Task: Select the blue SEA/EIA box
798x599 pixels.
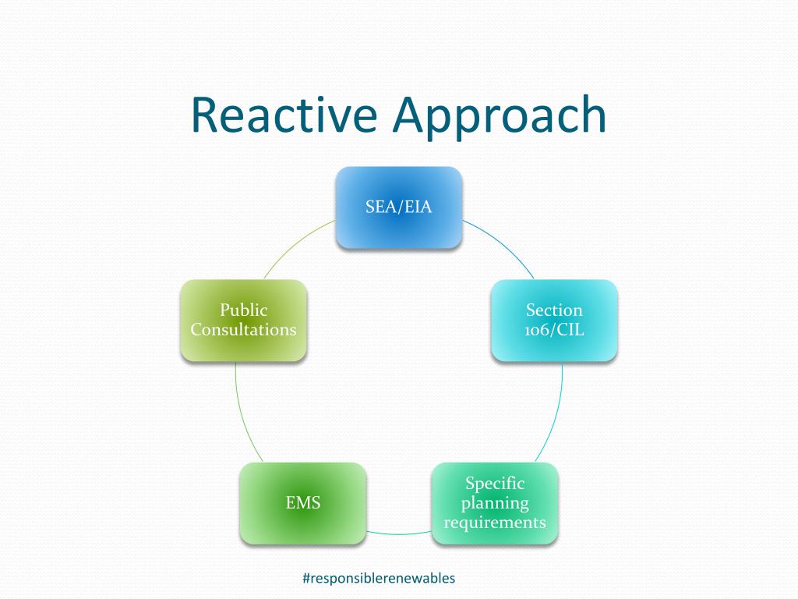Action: coord(399,207)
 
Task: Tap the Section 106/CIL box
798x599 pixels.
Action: coord(554,320)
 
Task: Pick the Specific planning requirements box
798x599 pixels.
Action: coord(495,503)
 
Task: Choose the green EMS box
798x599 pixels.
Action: coord(302,503)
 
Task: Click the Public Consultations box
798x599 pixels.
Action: coord(243,320)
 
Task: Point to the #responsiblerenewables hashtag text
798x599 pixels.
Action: coord(378,578)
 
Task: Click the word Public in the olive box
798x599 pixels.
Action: coord(243,310)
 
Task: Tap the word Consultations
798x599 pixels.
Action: coord(243,329)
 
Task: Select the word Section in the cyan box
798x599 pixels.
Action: coord(554,310)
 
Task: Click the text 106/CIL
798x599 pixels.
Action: coord(554,329)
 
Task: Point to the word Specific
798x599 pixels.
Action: coord(495,484)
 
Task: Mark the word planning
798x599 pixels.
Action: coord(495,503)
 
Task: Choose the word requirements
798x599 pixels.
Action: coord(495,522)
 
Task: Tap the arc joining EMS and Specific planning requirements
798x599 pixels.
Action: coord(399,533)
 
